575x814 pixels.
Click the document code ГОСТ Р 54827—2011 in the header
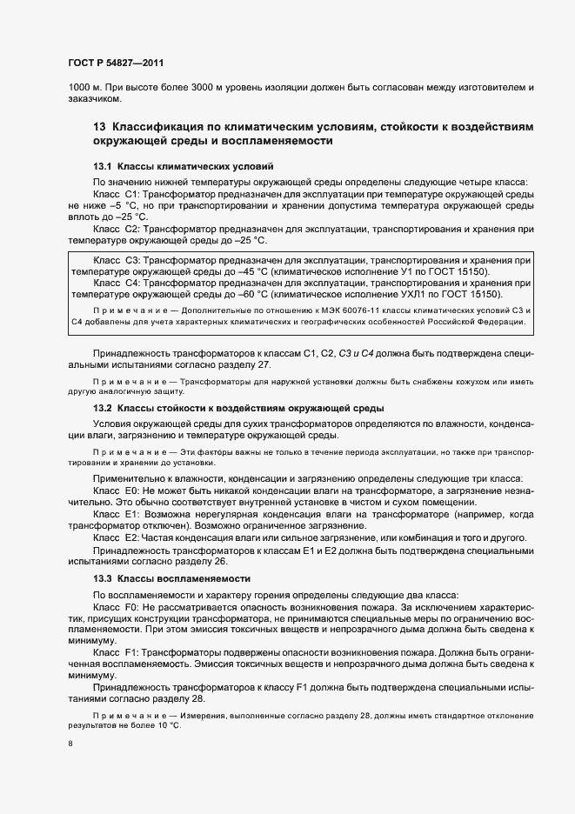(115, 63)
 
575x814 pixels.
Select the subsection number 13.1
(103, 165)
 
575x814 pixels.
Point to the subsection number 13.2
(103, 408)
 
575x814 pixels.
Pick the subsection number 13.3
(103, 578)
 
